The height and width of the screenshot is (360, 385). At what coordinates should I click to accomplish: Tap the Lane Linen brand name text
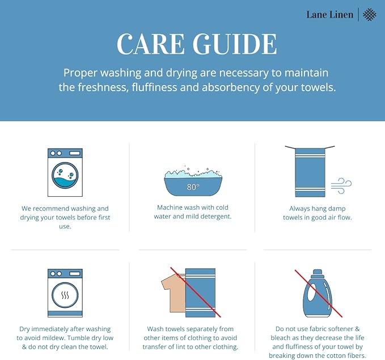tap(329, 15)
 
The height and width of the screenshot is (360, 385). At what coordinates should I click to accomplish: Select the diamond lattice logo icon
tap(369, 15)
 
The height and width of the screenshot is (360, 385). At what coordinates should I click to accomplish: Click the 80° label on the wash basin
tap(193, 187)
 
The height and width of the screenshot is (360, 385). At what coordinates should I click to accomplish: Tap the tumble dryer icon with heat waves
tap(65, 293)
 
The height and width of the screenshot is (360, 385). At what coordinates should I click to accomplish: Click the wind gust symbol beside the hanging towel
tap(341, 184)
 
